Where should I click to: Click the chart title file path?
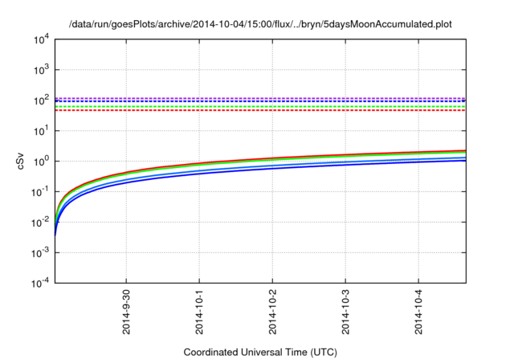(x=260, y=24)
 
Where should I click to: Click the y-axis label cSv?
(x=20, y=162)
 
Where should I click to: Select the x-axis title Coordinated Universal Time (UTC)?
(x=260, y=352)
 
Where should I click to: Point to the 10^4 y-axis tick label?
(x=42, y=39)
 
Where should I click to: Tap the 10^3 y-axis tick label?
(x=42, y=70)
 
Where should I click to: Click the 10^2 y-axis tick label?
(x=42, y=100)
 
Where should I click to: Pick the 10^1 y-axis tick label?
(x=42, y=131)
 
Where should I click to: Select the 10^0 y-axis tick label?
(x=42, y=162)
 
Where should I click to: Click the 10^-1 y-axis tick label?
(x=40, y=192)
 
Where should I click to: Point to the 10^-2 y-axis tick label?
(x=40, y=223)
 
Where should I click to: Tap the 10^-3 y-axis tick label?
(x=40, y=253)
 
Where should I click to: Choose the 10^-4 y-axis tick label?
(x=40, y=283)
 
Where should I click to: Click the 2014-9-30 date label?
(x=126, y=312)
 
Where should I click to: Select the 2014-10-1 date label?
(x=199, y=312)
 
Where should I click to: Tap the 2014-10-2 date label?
(x=272, y=312)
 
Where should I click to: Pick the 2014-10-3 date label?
(x=345, y=312)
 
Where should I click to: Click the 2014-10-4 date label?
(x=418, y=312)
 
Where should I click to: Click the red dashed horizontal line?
(x=260, y=111)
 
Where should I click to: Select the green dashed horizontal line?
(x=260, y=107)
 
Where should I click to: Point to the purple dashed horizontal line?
(x=260, y=98)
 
